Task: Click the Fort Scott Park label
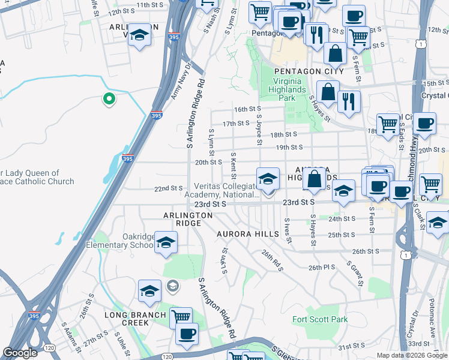pyautogui.click(x=320, y=319)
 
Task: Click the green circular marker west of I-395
pyautogui.click(x=109, y=99)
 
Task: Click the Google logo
pyautogui.click(x=20, y=353)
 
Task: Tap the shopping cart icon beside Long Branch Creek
pyautogui.click(x=180, y=317)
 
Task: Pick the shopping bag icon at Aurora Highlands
pyautogui.click(x=314, y=178)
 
